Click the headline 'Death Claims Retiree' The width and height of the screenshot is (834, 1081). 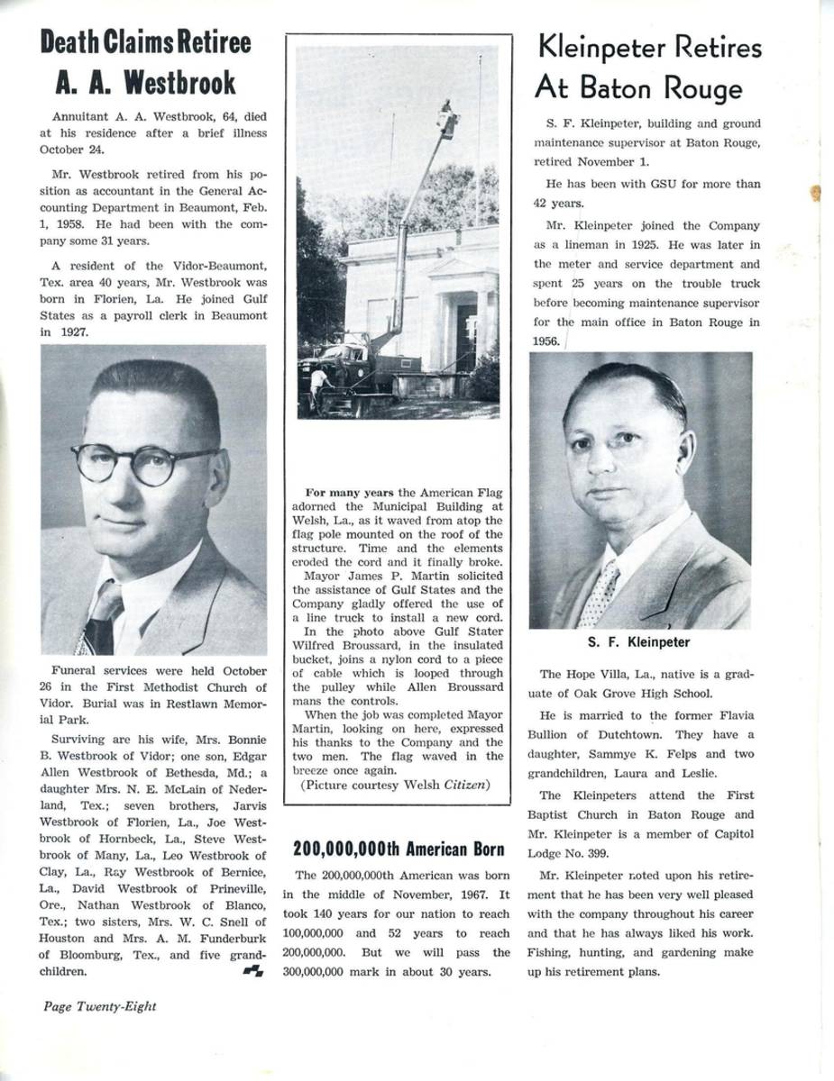[145, 41]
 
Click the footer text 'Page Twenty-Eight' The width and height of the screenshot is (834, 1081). [99, 1006]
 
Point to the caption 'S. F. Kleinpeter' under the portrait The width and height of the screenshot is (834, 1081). [639, 642]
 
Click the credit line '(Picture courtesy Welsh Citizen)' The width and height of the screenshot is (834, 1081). [394, 785]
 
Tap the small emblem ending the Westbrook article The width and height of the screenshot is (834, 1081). [252, 970]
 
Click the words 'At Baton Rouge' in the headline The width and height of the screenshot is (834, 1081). [638, 88]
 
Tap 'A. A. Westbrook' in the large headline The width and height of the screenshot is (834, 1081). [145, 83]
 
